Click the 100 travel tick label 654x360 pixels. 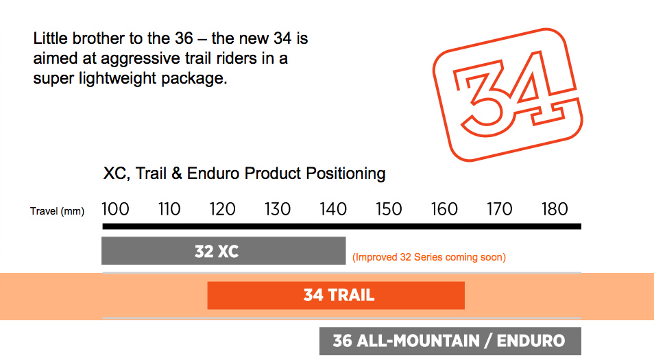pyautogui.click(x=116, y=209)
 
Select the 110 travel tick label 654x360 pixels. pyautogui.click(x=169, y=209)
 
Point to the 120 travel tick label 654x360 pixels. pyautogui.click(x=222, y=209)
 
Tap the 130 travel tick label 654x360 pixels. pyautogui.click(x=278, y=209)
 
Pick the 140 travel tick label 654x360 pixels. pyautogui.click(x=333, y=209)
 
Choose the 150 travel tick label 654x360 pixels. pyautogui.click(x=388, y=209)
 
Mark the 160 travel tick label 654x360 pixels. pyautogui.click(x=444, y=209)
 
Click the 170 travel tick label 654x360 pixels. pyautogui.click(x=499, y=209)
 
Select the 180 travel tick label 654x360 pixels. pyautogui.click(x=555, y=209)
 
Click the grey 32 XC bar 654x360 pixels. pyautogui.click(x=223, y=251)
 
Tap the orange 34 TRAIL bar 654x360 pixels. pyautogui.click(x=336, y=296)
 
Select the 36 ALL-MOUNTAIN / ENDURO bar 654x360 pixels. pyautogui.click(x=450, y=341)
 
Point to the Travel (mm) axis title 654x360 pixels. pyautogui.click(x=57, y=211)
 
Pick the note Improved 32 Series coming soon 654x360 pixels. pyautogui.click(x=429, y=257)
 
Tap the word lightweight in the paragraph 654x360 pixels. pyautogui.click(x=118, y=79)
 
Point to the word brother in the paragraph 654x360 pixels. pyautogui.click(x=98, y=38)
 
